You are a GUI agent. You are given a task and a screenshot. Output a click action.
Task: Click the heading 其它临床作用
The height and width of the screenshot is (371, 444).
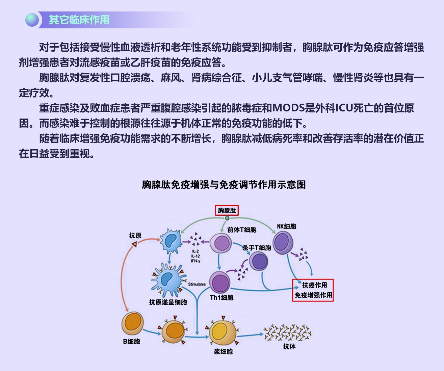79,20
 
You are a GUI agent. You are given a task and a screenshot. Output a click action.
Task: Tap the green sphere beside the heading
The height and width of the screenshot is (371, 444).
32,20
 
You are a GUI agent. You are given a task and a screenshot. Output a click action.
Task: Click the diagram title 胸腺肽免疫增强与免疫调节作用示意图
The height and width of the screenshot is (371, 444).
224,185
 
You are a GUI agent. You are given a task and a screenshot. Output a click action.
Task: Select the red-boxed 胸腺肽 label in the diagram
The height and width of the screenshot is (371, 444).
227,210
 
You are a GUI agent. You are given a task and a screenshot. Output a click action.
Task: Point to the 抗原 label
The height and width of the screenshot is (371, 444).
135,235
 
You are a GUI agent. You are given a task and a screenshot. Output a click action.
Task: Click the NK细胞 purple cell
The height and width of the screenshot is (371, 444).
283,242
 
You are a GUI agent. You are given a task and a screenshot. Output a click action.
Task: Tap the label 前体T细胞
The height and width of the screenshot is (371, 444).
241,230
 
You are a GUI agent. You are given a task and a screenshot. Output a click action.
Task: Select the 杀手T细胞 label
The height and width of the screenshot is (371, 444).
257,247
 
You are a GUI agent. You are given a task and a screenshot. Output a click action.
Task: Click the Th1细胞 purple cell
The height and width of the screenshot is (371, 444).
220,283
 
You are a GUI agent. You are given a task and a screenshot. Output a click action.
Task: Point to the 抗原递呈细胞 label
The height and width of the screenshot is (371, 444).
168,302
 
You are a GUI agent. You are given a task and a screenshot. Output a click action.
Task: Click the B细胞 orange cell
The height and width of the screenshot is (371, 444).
133,323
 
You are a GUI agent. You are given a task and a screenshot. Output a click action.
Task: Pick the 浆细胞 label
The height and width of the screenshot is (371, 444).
223,351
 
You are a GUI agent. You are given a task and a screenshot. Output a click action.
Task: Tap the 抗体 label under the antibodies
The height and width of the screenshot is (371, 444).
289,346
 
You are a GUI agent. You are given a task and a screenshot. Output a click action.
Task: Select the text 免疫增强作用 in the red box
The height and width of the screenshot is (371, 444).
313,295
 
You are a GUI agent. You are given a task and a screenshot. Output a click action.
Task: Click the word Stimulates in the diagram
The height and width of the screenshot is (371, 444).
197,284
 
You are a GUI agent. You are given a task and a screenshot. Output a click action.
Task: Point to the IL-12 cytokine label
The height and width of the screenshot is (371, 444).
195,256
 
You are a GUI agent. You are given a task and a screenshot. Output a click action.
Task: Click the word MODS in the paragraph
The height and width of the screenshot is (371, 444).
288,108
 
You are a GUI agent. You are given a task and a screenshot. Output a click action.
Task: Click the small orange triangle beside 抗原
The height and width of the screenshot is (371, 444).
134,244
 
